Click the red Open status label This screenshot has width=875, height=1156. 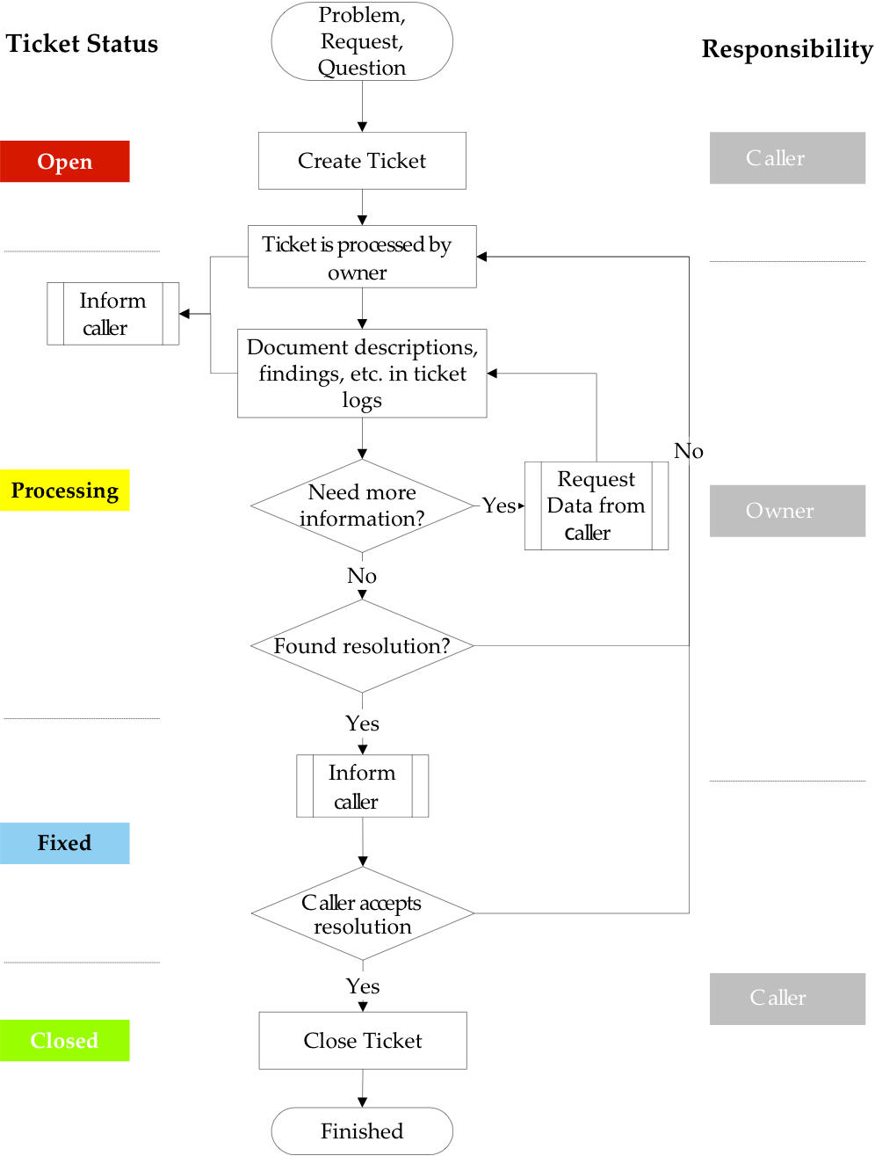click(65, 162)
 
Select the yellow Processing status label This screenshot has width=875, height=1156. click(65, 491)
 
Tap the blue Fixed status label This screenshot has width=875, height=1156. click(65, 843)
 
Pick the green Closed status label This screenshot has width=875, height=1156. click(65, 1041)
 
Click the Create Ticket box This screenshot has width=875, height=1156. click(362, 161)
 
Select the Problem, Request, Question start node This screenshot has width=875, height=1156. click(362, 41)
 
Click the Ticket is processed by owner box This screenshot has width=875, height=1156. click(362, 257)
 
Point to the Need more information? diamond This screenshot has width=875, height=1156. click(362, 505)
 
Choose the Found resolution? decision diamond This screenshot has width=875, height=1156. click(362, 646)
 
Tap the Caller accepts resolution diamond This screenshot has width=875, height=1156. click(362, 914)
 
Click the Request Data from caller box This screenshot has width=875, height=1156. click(596, 505)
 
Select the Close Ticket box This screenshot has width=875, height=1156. click(363, 1041)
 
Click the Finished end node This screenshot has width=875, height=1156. click(362, 1131)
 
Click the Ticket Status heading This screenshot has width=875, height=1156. click(82, 44)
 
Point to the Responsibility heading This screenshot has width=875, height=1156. click(787, 49)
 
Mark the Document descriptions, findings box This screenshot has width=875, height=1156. click(362, 374)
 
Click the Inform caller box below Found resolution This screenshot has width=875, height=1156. click(362, 786)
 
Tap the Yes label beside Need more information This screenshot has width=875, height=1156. click(499, 505)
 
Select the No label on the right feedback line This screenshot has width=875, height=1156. click(689, 451)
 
